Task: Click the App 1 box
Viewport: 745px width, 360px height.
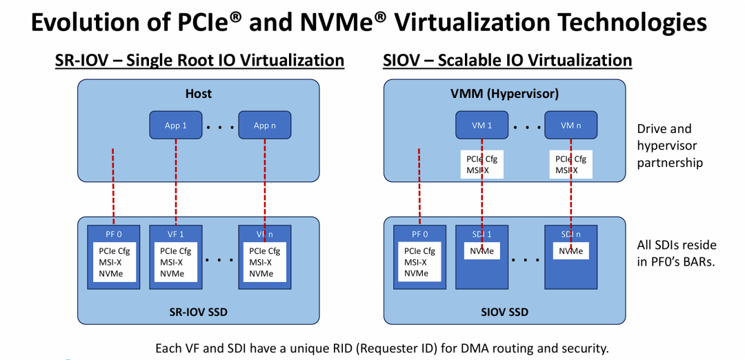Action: [x=176, y=126]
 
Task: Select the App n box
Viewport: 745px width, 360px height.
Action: [x=265, y=126]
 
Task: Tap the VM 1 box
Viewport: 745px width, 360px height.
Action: [x=482, y=126]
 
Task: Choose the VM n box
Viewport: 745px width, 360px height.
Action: [x=571, y=126]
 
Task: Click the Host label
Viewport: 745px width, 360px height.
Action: [x=199, y=94]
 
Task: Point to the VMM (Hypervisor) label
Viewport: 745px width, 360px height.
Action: [x=504, y=94]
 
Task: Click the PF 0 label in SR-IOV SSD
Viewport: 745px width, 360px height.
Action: [x=114, y=234]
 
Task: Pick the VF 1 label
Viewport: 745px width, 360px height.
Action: [x=176, y=234]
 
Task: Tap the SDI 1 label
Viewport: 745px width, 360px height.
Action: [x=481, y=234]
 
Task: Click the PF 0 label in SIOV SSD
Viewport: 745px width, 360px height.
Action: [x=419, y=234]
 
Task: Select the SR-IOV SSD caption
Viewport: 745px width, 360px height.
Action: [x=198, y=312]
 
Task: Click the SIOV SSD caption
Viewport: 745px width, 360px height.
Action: [x=504, y=312]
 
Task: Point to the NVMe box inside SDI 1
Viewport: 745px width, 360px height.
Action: [x=481, y=251]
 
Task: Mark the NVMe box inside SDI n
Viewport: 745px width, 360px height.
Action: [x=570, y=251]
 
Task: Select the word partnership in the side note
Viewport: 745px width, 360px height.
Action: [x=670, y=163]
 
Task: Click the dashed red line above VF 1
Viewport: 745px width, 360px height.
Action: [x=176, y=182]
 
